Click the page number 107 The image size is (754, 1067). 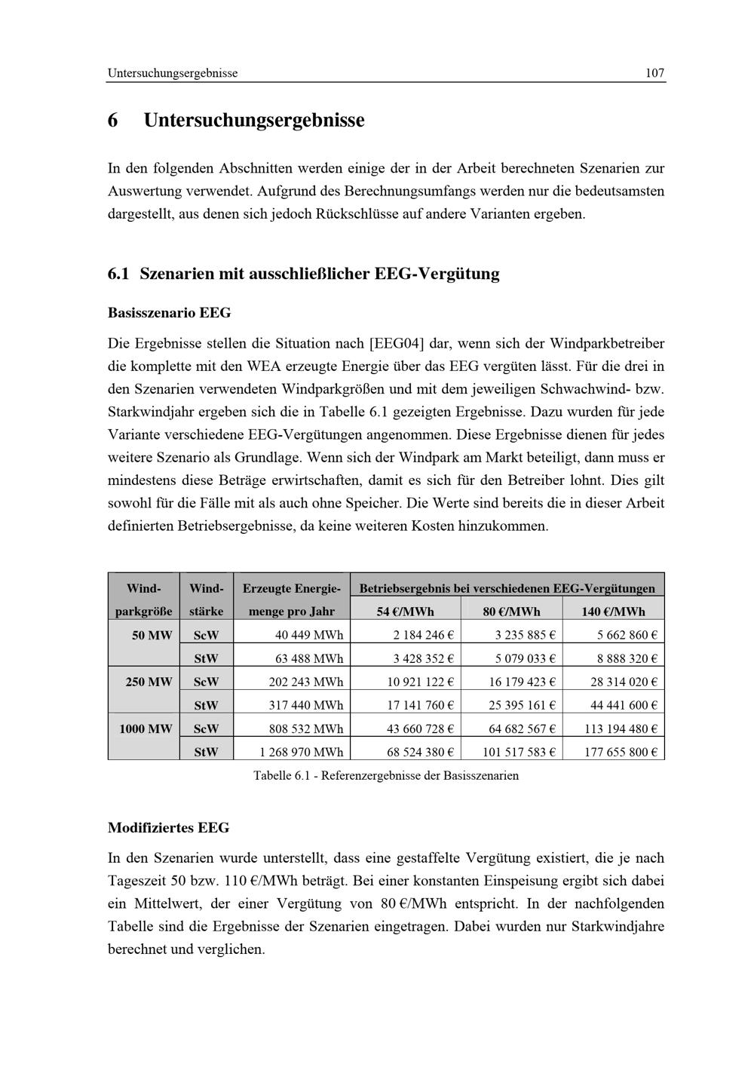[x=654, y=73]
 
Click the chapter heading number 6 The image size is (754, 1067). [x=113, y=121]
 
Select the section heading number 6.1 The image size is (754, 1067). [x=119, y=274]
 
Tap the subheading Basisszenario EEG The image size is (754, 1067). [x=169, y=312]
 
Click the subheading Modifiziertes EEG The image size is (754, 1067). [x=168, y=827]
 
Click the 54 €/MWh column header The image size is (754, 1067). [x=406, y=612]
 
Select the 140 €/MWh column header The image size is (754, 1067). [x=613, y=612]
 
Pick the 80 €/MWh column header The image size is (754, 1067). [x=511, y=612]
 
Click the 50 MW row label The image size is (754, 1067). [x=152, y=635]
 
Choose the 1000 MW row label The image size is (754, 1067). [x=146, y=728]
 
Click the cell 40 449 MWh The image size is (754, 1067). [x=309, y=635]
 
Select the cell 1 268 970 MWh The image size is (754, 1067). [x=302, y=752]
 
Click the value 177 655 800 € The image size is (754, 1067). [x=621, y=752]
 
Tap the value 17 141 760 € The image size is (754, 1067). [x=420, y=705]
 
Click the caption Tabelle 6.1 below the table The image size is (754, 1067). [x=386, y=775]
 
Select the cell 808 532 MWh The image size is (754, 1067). [x=306, y=728]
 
